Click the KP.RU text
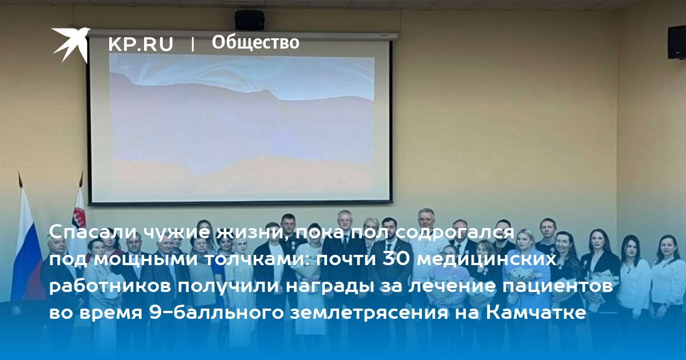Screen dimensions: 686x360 141,44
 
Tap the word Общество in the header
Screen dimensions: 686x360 256,42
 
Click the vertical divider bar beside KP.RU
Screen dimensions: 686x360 193,44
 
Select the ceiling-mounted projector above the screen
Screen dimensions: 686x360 249,20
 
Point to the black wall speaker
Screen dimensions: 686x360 676,42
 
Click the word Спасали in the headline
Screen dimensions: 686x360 93,233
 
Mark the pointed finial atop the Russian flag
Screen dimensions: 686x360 20,179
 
